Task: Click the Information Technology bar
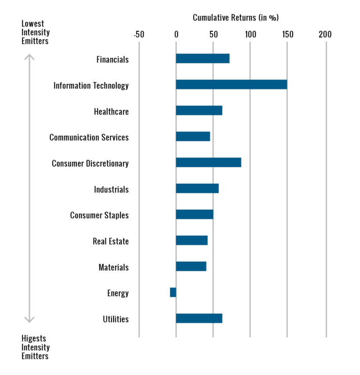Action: [231, 85]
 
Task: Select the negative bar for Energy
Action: [173, 293]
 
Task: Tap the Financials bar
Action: [202, 59]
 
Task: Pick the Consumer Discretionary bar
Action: [208, 162]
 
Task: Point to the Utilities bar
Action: [199, 318]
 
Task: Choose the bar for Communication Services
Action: [193, 137]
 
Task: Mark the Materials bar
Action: [191, 266]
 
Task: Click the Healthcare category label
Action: [111, 111]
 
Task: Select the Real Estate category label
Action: [111, 242]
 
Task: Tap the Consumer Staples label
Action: [99, 215]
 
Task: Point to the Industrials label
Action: [111, 190]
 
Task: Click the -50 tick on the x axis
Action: [139, 34]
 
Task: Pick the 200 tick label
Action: [325, 34]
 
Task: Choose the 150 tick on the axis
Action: [287, 34]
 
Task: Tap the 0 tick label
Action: [176, 34]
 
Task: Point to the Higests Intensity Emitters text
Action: [36, 347]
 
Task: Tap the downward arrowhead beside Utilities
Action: [30, 320]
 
